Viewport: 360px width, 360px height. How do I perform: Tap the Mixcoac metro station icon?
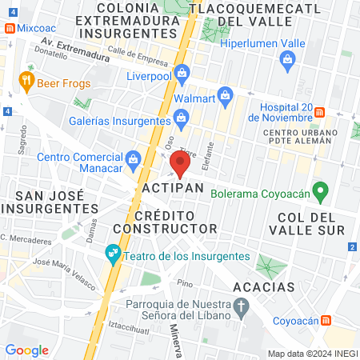(x=8, y=27)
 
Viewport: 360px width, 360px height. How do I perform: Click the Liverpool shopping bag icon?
(x=182, y=74)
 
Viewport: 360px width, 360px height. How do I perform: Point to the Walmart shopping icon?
(x=226, y=98)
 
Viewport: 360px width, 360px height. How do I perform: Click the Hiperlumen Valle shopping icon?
(x=287, y=58)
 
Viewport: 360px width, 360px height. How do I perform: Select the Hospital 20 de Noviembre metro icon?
(x=318, y=111)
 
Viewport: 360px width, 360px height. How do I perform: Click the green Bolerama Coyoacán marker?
(x=321, y=193)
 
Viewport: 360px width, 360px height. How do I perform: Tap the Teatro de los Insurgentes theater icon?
(x=112, y=256)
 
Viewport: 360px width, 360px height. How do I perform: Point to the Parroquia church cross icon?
(x=239, y=305)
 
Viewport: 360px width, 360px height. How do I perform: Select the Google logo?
(x=26, y=350)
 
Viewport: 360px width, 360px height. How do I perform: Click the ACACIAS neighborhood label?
(x=264, y=286)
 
